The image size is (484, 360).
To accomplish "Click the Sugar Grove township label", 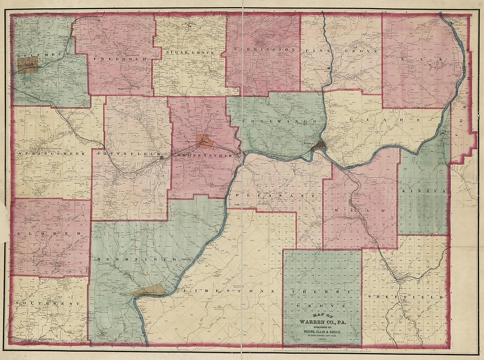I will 191,52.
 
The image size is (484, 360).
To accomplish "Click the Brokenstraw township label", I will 206,154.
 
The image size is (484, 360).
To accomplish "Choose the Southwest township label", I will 47,303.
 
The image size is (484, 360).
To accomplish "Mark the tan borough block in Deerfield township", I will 149,290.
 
